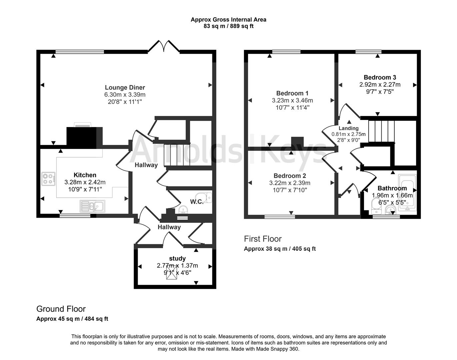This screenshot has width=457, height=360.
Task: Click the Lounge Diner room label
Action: [x=125, y=87]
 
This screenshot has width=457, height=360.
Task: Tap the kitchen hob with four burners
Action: [x=48, y=178]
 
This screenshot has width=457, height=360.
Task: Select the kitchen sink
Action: [x=92, y=206]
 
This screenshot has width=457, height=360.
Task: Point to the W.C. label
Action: [x=197, y=202]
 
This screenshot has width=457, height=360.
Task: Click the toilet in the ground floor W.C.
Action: [x=204, y=197]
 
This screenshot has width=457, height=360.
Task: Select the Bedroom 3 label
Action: [x=380, y=77]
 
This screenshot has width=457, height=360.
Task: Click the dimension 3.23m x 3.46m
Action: [x=292, y=100]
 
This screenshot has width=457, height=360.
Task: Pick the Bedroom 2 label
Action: [x=290, y=176]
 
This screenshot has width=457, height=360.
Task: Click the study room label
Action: [x=177, y=258]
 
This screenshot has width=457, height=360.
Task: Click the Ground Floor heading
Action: [x=61, y=309]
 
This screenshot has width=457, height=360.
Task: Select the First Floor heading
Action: [x=263, y=239]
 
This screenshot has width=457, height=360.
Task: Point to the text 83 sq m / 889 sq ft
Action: [x=228, y=26]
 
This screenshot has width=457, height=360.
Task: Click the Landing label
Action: [x=349, y=128]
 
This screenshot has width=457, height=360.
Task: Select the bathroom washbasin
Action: [x=390, y=210]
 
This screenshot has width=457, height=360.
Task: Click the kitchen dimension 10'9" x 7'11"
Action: [x=85, y=189]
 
